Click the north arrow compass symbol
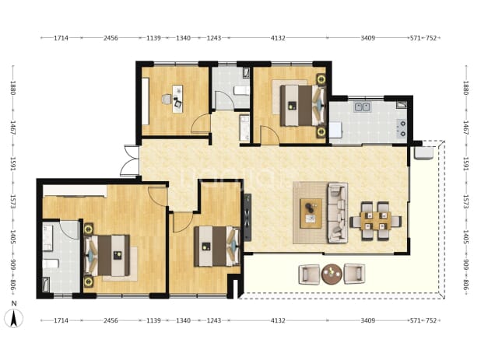tap(13, 319)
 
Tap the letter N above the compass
tap(14, 303)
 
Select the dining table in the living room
tap(376, 221)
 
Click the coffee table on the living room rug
tap(311, 213)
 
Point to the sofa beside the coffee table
tap(338, 212)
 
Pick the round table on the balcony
tap(332, 274)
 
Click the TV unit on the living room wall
tap(248, 217)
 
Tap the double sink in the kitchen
tap(363, 107)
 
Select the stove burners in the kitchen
tap(402, 128)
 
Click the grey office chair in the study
tap(167, 100)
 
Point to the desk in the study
tap(177, 99)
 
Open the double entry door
tap(130, 160)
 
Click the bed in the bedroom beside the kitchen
tap(303, 106)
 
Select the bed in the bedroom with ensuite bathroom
tap(107, 255)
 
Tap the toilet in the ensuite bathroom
tap(50, 264)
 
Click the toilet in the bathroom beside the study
tap(241, 91)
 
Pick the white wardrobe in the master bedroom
tap(75, 190)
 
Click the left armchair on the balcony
tap(309, 274)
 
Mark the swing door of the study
tap(201, 123)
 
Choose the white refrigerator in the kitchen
tap(335, 130)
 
